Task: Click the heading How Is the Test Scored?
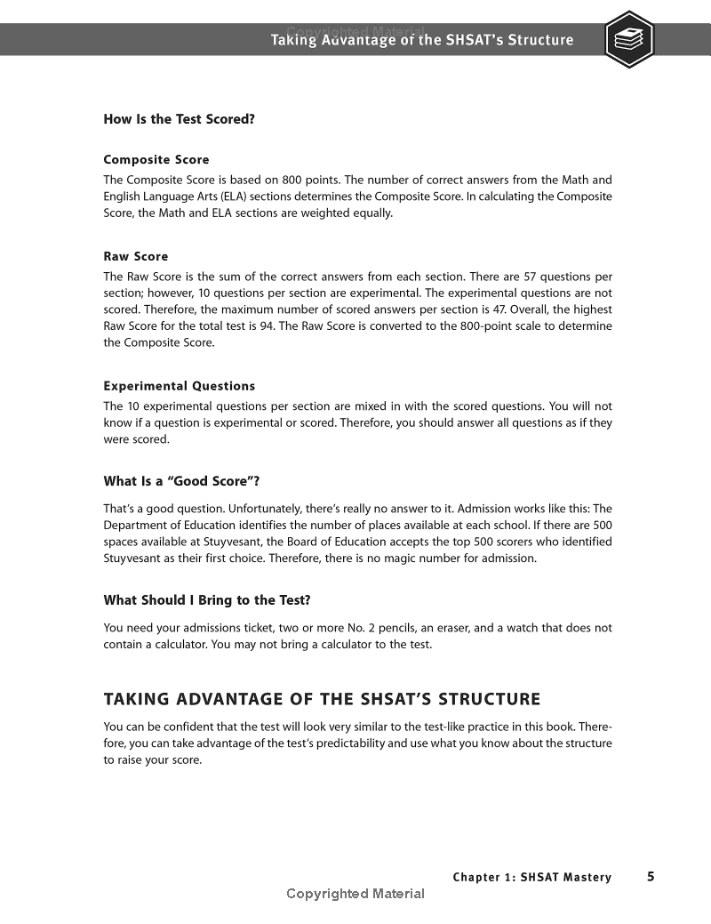tap(180, 119)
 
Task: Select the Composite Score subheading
tap(156, 160)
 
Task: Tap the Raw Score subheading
tap(136, 256)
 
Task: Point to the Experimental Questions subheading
tap(180, 386)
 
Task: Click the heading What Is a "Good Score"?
tap(181, 481)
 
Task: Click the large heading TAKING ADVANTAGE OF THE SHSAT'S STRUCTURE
tap(322, 699)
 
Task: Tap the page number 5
tap(651, 877)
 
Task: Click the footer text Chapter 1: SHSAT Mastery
tap(531, 878)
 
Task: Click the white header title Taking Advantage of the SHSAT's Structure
tap(422, 40)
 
